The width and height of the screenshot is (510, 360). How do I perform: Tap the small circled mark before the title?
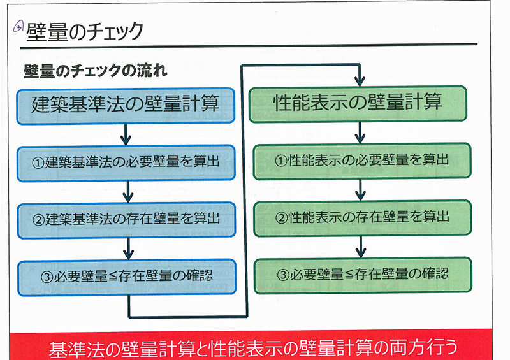pos(19,26)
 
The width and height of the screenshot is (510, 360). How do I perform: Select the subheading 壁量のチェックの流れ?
pos(96,71)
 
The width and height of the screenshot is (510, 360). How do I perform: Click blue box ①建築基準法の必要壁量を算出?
pos(127,162)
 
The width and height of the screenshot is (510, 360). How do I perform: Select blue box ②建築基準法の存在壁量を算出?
pos(127,219)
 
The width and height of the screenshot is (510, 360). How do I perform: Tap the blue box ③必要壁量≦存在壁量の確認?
pos(127,276)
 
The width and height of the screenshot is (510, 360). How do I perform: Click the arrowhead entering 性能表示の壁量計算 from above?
pos(360,82)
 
